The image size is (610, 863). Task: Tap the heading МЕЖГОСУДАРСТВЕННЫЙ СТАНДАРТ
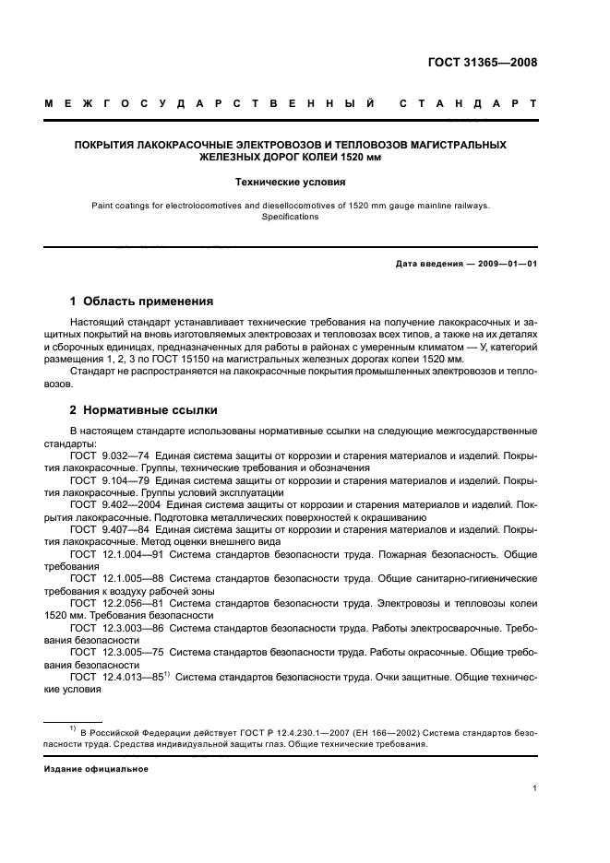tap(291, 104)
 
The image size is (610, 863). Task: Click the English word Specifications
tap(290, 217)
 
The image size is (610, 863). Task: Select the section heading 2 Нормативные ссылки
tap(143, 410)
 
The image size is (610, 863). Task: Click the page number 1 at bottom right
tap(535, 788)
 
